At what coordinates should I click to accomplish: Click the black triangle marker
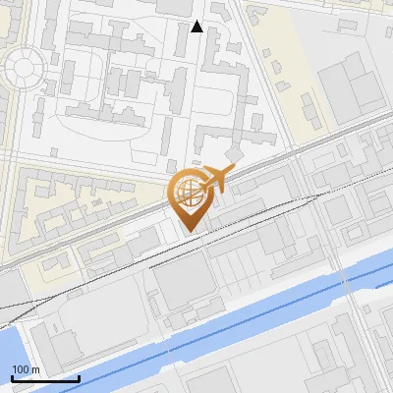(x=197, y=27)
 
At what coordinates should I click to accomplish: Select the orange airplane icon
(x=218, y=178)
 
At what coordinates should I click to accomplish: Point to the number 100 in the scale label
(x=21, y=369)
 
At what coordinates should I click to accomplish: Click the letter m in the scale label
(x=36, y=369)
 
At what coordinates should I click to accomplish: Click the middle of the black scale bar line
(x=45, y=379)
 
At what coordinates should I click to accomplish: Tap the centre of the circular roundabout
(x=24, y=66)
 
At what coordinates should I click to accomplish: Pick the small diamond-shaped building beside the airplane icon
(x=235, y=156)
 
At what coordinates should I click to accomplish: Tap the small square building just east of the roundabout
(x=48, y=67)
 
